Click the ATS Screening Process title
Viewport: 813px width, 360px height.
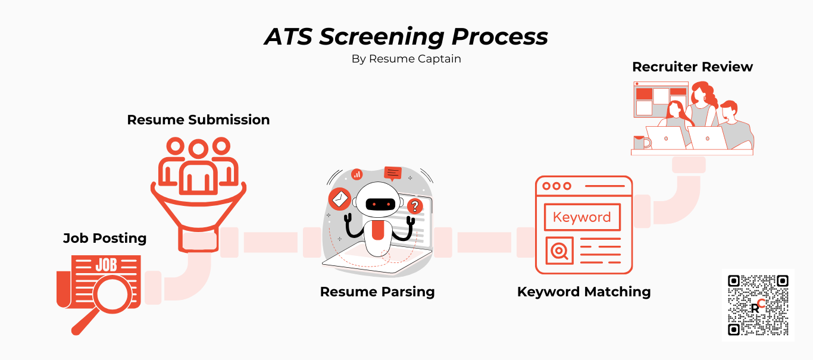click(406, 37)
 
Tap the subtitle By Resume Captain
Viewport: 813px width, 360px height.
click(406, 59)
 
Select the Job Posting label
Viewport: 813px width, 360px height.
click(105, 238)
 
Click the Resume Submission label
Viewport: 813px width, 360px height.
click(198, 120)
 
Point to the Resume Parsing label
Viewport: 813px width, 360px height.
click(377, 292)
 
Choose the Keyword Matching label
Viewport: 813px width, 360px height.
click(583, 292)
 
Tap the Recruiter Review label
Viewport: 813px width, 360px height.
click(692, 67)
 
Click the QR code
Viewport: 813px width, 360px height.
click(758, 305)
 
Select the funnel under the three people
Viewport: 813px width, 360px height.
click(198, 208)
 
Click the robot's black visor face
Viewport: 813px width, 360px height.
click(380, 204)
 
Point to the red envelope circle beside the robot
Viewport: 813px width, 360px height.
click(339, 199)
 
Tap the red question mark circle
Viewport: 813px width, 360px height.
click(415, 206)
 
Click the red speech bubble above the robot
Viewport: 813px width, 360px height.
click(393, 173)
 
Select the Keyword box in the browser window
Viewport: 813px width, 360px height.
click(582, 217)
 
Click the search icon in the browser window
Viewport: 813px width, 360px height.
click(559, 251)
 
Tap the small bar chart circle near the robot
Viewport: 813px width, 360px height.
click(357, 174)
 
